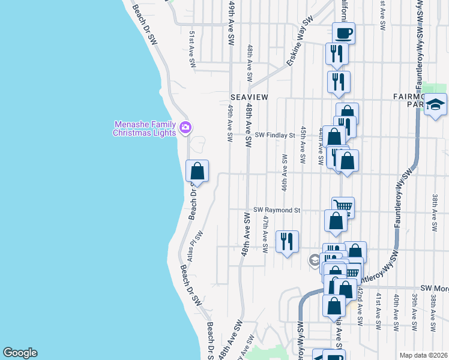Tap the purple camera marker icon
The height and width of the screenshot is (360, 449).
pyautogui.click(x=185, y=127)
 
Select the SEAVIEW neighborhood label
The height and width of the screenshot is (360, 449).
pyautogui.click(x=249, y=97)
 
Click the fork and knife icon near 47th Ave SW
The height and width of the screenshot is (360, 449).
pyautogui.click(x=287, y=241)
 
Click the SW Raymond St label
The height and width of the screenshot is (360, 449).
pyautogui.click(x=276, y=210)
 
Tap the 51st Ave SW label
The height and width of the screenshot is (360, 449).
pyautogui.click(x=192, y=44)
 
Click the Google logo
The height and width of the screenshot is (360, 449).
pyautogui.click(x=20, y=353)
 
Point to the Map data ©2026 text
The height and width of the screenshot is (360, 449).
pyautogui.click(x=424, y=355)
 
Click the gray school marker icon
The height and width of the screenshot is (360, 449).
pyautogui.click(x=314, y=260)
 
